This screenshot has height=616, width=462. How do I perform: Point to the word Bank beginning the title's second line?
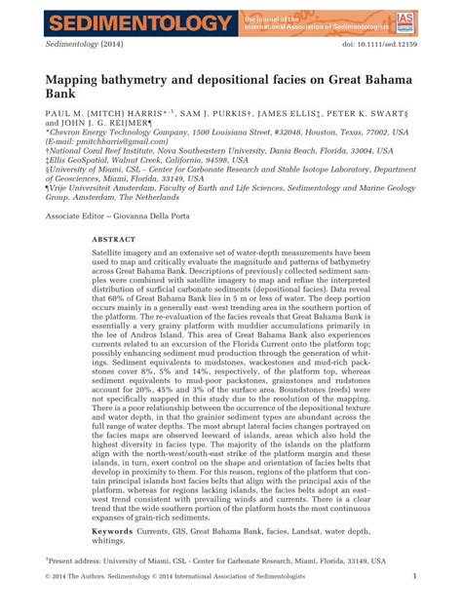click(65, 96)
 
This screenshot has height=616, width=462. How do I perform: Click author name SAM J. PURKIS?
click(215, 116)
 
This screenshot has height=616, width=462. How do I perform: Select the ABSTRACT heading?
click(114, 238)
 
